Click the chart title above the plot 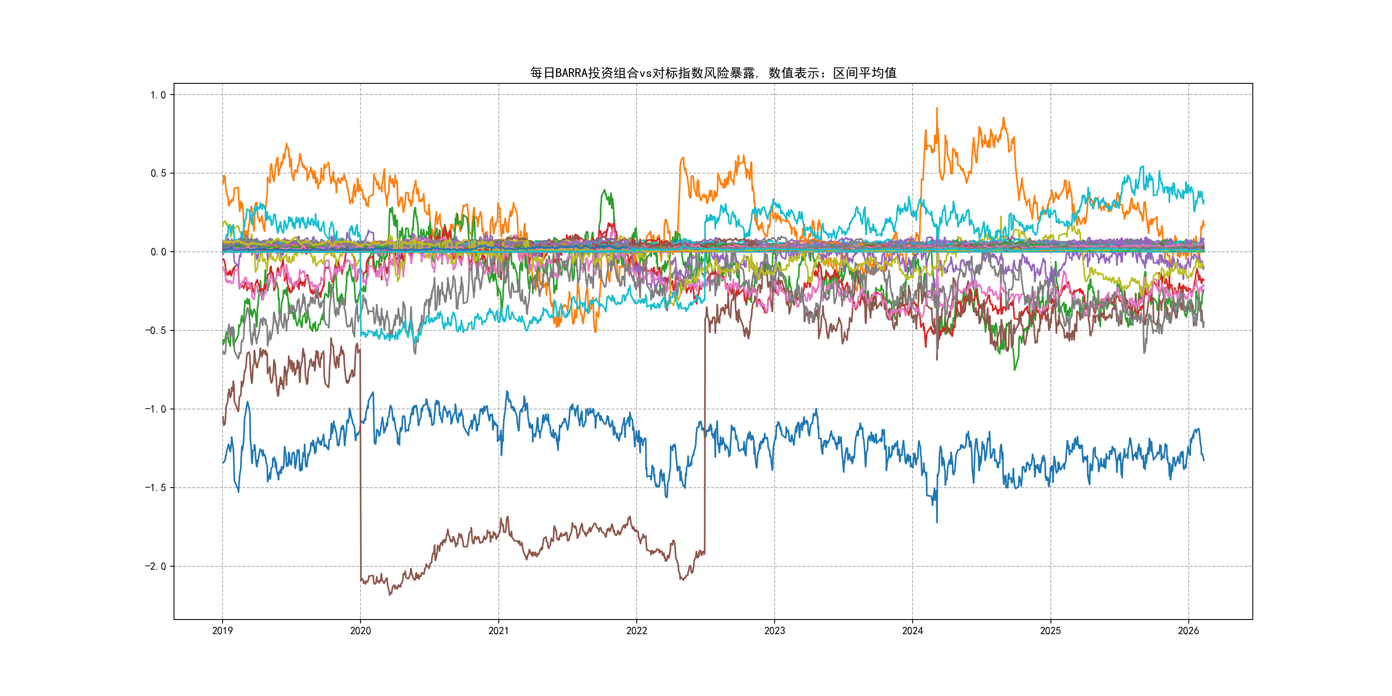713,73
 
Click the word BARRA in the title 571,73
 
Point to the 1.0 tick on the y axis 159,95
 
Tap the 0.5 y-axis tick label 159,174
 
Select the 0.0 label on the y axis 159,252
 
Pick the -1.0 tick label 156,409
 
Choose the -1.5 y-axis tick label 156,488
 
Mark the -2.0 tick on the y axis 156,566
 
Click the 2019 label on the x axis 223,631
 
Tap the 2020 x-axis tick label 360,631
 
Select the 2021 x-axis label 498,631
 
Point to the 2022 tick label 637,631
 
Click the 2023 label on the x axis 774,631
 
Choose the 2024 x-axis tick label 913,631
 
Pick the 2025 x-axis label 1050,631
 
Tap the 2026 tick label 1188,631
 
